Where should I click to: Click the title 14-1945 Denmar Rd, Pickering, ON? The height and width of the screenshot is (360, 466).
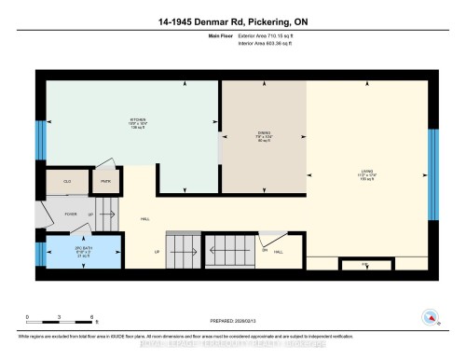coord(233,20)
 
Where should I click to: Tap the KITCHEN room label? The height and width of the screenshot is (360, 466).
coord(140,122)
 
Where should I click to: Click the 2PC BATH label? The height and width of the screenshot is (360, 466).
coord(84,252)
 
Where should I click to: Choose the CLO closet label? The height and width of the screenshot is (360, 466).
coord(68,181)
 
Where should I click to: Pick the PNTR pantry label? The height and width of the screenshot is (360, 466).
coord(106,181)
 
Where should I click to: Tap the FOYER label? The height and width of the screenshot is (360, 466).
coord(70,214)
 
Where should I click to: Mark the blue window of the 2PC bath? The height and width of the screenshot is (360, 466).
coord(39,254)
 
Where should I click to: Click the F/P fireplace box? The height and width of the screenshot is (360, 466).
coord(364,265)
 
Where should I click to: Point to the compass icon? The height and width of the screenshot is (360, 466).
coord(430,317)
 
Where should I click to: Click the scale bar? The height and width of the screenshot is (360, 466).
coord(60,323)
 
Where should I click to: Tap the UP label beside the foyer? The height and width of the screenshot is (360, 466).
coord(90,214)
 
